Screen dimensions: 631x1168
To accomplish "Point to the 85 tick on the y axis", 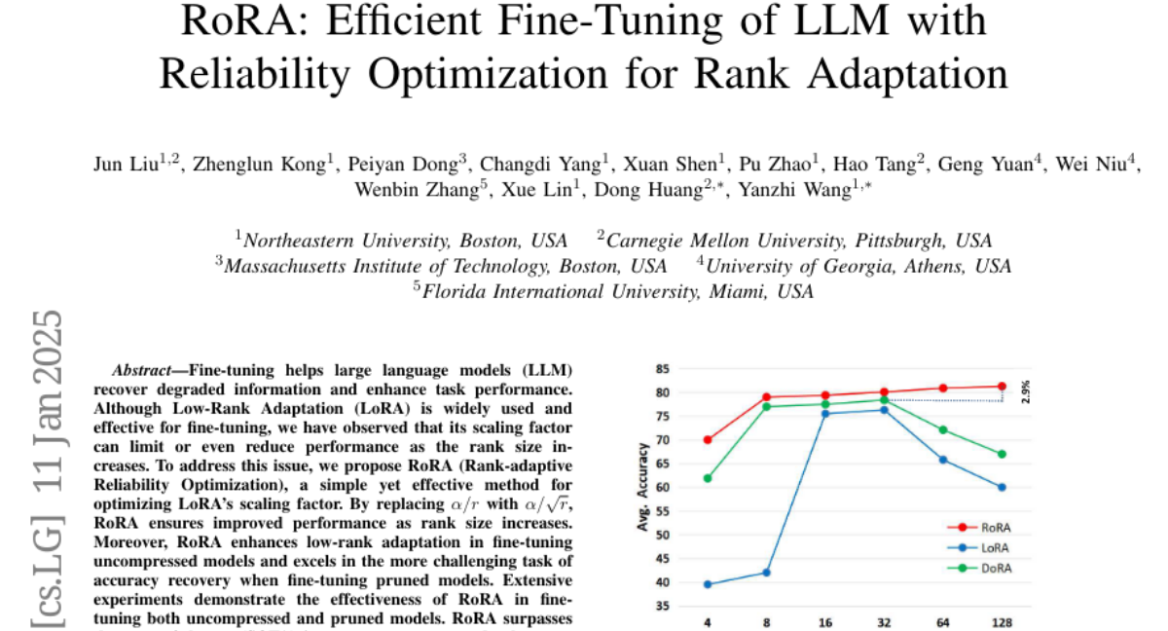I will pos(662,369).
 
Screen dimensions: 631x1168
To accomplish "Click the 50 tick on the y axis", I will pos(662,535).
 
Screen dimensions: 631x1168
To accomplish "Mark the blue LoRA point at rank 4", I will pos(707,584).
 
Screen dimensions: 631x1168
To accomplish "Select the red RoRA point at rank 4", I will pos(707,440).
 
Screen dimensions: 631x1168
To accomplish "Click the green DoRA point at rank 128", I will pos(1002,454).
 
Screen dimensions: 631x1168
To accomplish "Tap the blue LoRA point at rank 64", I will pos(942,460).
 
